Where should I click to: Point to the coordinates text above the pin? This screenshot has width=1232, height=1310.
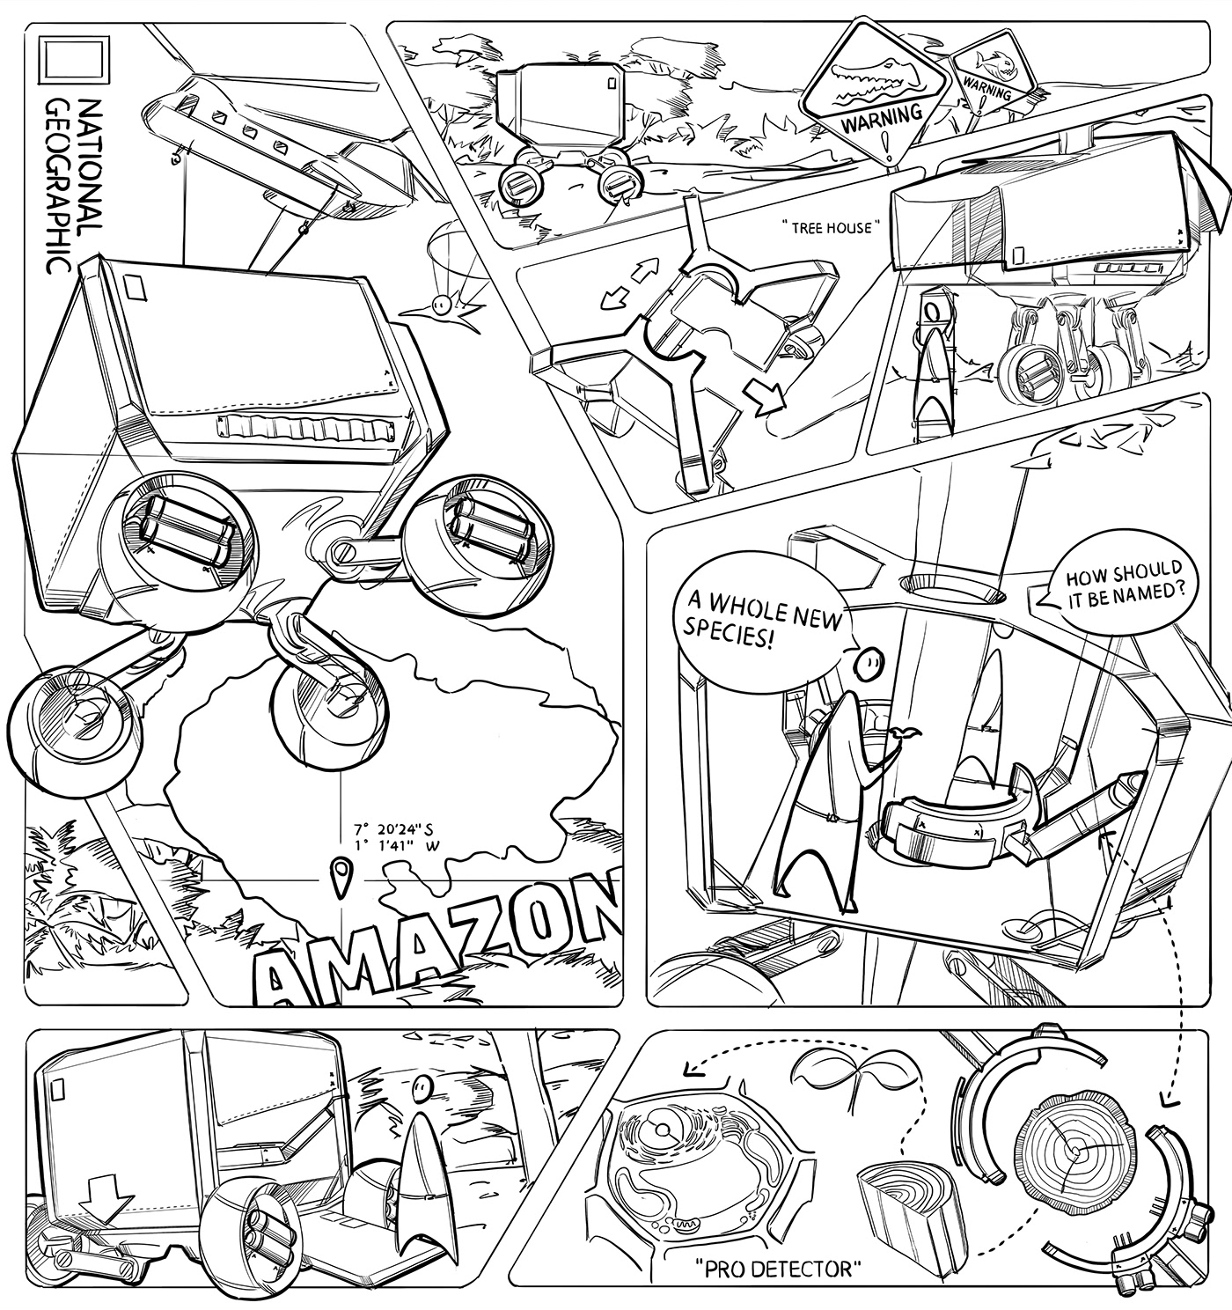[x=396, y=837]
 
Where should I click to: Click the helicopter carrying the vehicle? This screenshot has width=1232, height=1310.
[x=273, y=150]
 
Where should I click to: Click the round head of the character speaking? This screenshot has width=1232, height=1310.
[x=869, y=663]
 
